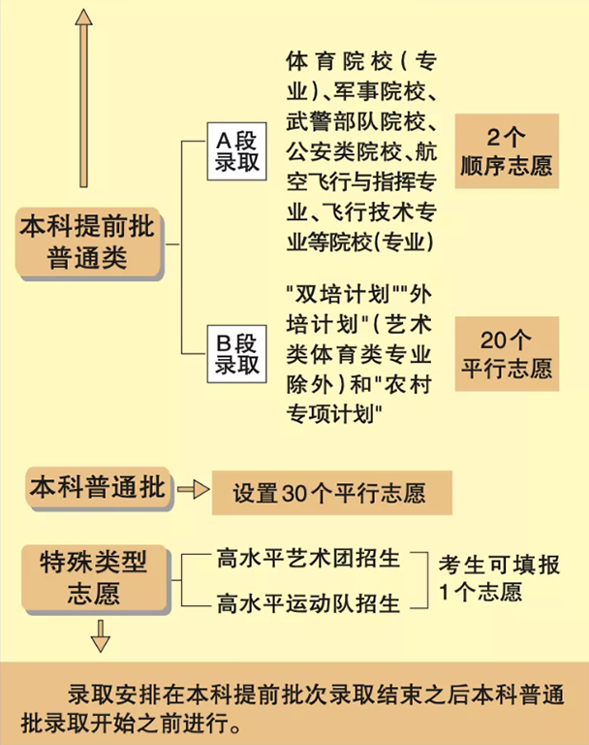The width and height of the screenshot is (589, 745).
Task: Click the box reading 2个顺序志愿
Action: pos(507,150)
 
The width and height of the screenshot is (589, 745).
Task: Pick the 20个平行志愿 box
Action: pos(507,354)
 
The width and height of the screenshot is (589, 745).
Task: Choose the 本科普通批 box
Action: pos(98,485)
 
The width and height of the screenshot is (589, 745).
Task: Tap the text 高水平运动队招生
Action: pos(308,603)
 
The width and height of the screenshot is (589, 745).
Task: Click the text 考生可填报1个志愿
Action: pos(499,579)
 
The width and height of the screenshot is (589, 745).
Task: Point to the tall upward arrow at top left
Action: pos(83,97)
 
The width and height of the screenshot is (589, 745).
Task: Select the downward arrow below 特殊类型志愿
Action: pos(101,637)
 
